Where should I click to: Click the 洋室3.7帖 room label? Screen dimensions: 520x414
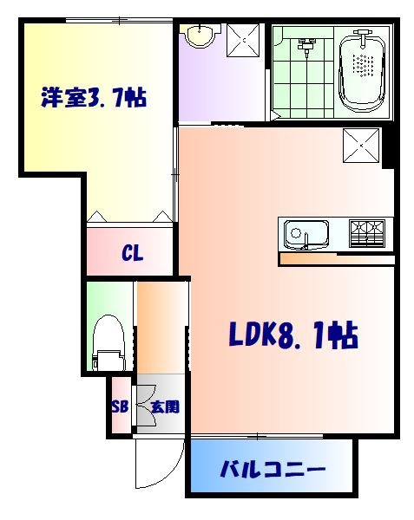tap(93, 96)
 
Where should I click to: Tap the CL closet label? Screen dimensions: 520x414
tap(132, 254)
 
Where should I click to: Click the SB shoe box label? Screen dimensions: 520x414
tap(119, 406)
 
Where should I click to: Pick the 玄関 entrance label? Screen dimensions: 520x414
tap(165, 406)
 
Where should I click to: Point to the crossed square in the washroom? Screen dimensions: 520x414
tap(245, 39)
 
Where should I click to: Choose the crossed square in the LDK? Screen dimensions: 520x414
tap(360, 145)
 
